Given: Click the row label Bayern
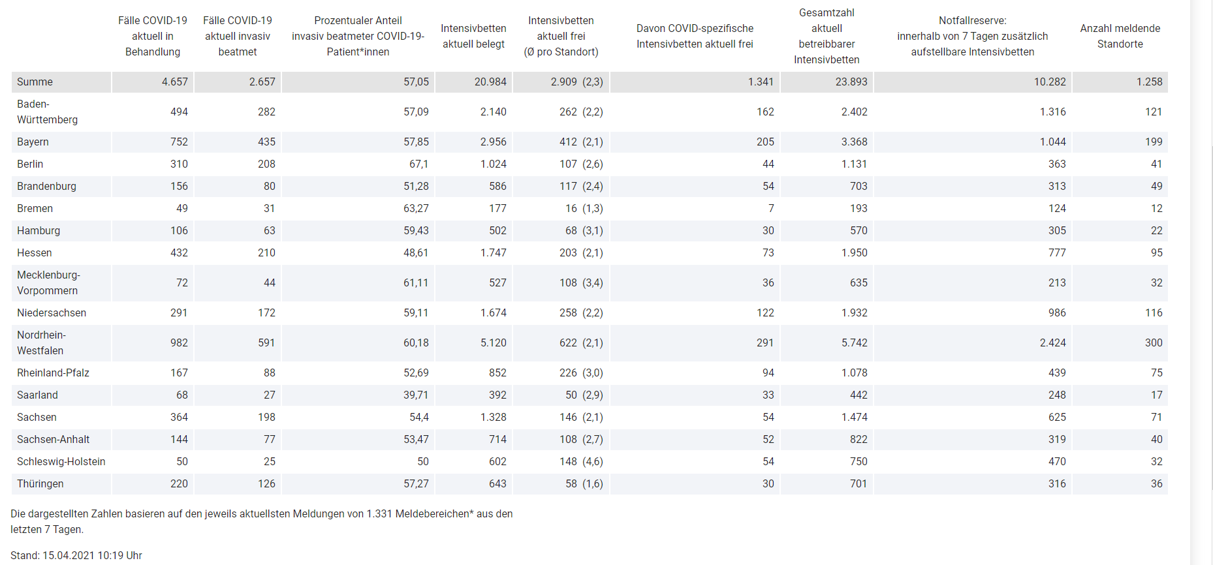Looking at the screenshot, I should click(33, 142).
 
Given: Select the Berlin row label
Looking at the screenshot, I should click(30, 164).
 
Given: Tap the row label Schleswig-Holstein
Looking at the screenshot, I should click(61, 461).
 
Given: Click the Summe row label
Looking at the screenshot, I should click(35, 82).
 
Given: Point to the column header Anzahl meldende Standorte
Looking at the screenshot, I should click(1120, 36).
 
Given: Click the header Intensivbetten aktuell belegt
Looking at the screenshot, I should click(473, 36).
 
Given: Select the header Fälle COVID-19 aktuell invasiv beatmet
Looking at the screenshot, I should click(238, 36).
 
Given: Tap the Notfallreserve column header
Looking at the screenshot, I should click(972, 36).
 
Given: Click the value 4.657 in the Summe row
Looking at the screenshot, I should click(174, 82).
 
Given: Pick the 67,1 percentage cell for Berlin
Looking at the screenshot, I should click(418, 164).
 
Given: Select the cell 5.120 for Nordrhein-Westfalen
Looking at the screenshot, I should click(493, 343).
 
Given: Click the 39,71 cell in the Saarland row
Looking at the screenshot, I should click(416, 395).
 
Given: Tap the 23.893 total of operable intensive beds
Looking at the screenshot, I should click(851, 82).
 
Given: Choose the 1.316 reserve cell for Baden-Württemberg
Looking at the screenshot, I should click(1052, 112).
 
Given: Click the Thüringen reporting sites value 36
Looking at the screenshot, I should click(1156, 483).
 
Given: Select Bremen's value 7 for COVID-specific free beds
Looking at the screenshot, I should click(770, 208).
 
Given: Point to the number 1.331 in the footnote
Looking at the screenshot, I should click(379, 513).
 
